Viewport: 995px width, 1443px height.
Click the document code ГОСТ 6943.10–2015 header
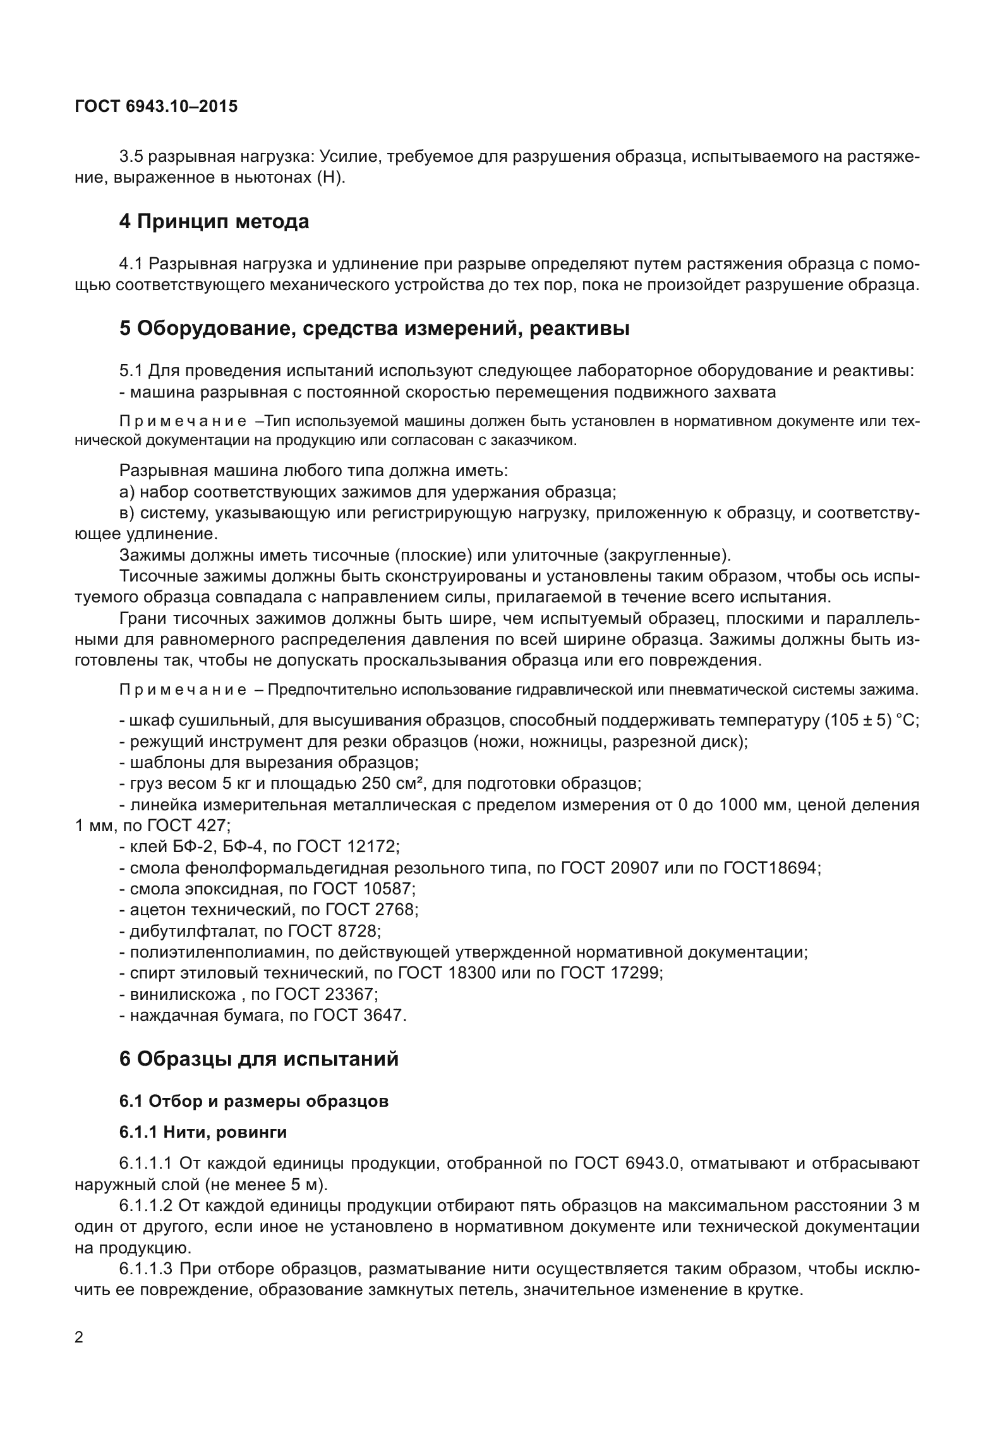(x=156, y=106)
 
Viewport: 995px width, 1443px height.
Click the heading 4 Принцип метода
(x=214, y=222)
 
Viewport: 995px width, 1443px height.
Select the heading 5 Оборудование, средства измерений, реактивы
(x=374, y=329)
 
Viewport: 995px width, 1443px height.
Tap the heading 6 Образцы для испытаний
(x=259, y=1058)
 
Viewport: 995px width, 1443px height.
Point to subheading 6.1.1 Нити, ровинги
(x=203, y=1132)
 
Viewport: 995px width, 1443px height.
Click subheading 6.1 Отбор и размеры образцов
(x=253, y=1101)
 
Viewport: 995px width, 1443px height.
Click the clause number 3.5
(x=131, y=156)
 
